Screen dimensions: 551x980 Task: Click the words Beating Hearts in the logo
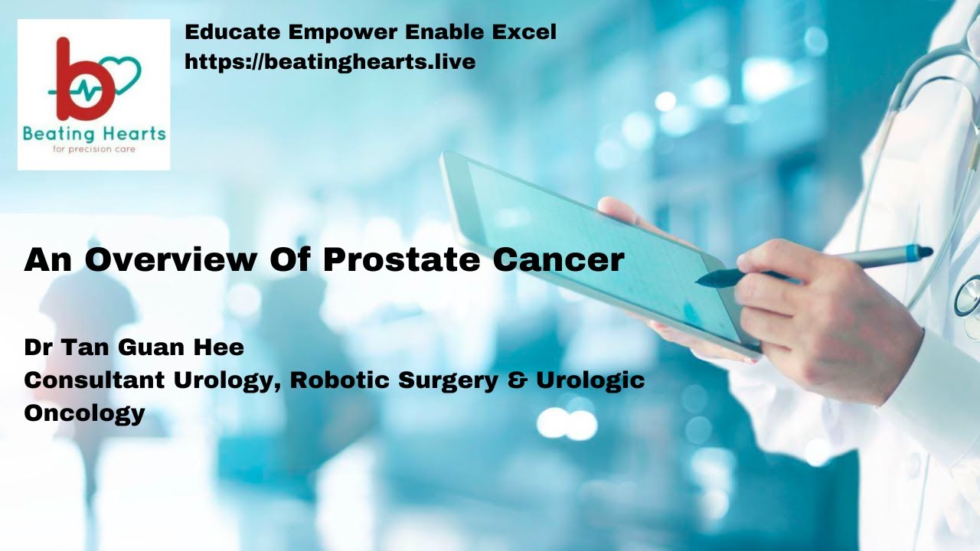[94, 134]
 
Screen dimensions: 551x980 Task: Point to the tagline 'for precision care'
[93, 149]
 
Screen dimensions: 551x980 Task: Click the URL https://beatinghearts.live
[330, 61]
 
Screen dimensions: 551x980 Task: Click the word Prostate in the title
[403, 260]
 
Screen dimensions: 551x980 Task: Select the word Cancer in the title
[558, 260]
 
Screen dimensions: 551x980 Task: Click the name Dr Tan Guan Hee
[134, 347]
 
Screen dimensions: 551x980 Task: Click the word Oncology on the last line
[84, 413]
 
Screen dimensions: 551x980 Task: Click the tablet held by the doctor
[582, 245]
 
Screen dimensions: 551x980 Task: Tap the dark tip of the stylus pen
[703, 281]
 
